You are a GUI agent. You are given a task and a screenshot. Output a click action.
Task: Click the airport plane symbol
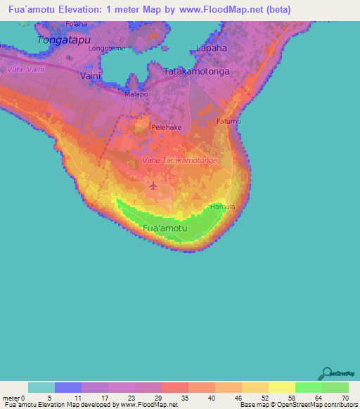click(x=153, y=186)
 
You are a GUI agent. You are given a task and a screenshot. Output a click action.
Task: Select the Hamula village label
click(x=222, y=207)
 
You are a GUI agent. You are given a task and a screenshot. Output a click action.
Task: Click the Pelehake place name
click(x=167, y=128)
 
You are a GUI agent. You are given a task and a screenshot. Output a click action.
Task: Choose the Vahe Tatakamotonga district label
click(x=179, y=161)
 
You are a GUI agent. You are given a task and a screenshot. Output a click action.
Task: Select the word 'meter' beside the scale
click(x=12, y=398)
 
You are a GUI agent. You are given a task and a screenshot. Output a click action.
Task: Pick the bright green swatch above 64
click(x=309, y=387)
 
